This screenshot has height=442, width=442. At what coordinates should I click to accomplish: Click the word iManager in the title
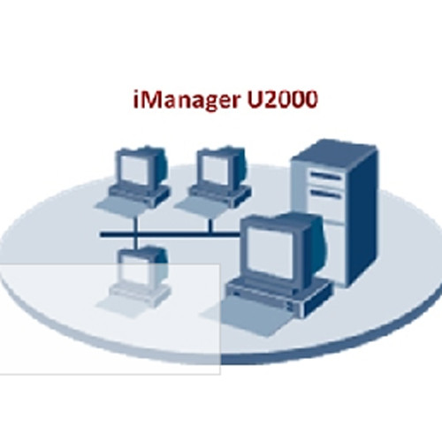tap(187, 101)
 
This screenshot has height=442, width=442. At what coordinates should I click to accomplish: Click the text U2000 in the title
tap(282, 99)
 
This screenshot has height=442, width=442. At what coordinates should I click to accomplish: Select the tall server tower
tap(334, 213)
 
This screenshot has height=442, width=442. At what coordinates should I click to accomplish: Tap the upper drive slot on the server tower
tap(326, 176)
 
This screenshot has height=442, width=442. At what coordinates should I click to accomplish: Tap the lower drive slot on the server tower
tap(326, 194)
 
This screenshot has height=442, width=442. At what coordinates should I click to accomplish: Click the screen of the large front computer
tap(270, 253)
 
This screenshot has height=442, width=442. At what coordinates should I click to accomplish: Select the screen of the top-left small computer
tap(134, 170)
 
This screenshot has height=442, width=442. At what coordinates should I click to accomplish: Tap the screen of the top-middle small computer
tap(215, 171)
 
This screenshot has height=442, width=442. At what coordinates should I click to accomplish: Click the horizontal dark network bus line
tap(171, 234)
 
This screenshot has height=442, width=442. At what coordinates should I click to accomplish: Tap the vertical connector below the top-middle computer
tap(210, 225)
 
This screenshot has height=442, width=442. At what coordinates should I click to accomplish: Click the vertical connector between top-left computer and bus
tap(135, 225)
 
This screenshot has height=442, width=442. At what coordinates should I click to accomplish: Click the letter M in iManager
tap(150, 99)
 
